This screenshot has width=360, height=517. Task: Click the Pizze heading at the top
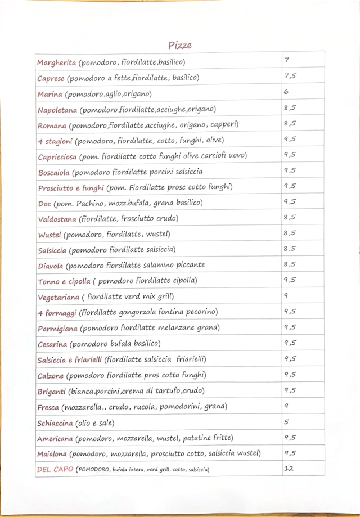pos(179,45)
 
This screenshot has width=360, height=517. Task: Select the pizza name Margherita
pos(56,62)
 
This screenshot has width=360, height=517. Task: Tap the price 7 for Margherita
pos(287,60)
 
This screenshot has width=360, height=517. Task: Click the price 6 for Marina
pos(286,92)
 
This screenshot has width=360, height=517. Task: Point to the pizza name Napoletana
pos(57,109)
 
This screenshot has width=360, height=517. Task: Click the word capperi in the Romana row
pos(224,124)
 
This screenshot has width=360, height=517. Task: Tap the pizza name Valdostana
pos(57,219)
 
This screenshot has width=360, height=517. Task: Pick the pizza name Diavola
pos(51,266)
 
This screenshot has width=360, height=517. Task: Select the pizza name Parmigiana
pos(58,328)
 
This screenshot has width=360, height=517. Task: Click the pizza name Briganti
pos(52,391)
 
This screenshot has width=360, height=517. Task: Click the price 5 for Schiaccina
pos(286,421)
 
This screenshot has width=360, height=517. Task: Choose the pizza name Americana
pos(55,438)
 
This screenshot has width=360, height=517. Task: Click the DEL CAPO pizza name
pos(55,469)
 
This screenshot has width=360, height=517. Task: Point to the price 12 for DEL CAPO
pos(289,469)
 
